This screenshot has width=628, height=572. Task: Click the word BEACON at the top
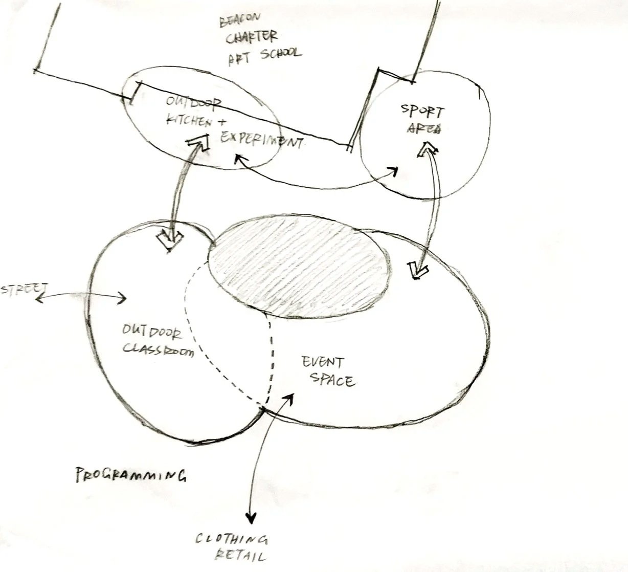(240, 21)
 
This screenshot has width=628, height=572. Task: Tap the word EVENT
(323, 363)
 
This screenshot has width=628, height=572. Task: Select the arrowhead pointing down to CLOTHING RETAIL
(251, 517)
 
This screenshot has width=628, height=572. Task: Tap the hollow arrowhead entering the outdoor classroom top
(170, 240)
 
